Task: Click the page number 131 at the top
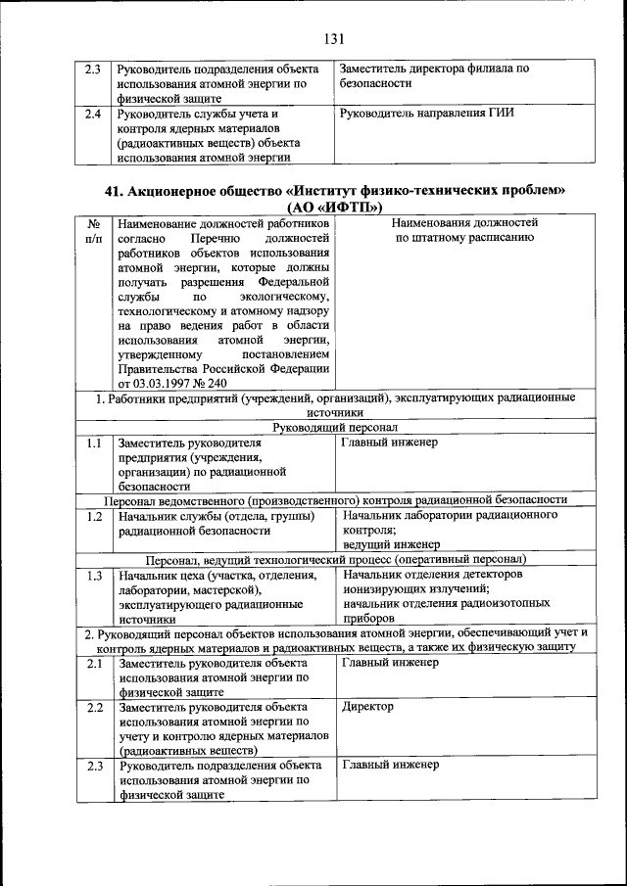[x=333, y=39]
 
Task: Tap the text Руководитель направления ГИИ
[x=426, y=113]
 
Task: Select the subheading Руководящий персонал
[x=335, y=428]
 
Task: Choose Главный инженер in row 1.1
[x=389, y=443]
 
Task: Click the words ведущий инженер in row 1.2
[x=391, y=544]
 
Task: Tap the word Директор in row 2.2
[x=367, y=706]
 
